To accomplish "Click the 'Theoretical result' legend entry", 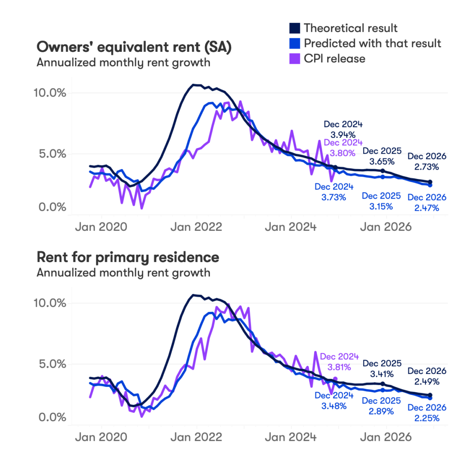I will click(350, 28).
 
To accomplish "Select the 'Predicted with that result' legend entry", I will click(372, 43).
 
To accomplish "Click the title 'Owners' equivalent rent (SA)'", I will click(134, 47).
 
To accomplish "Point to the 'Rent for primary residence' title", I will click(128, 258).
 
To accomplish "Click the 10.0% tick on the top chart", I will click(50, 93).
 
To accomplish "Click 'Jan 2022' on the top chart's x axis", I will click(197, 227).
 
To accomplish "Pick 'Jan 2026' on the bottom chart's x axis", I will click(386, 437).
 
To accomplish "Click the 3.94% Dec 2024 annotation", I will click(343, 134).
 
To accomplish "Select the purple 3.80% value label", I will click(343, 153).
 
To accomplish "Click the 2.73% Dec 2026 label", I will click(426, 167).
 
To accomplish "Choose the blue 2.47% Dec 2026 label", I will click(426, 208).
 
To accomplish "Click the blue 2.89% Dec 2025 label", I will click(382, 411).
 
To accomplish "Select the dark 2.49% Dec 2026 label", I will click(426, 382).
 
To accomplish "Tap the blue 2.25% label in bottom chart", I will click(426, 418).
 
